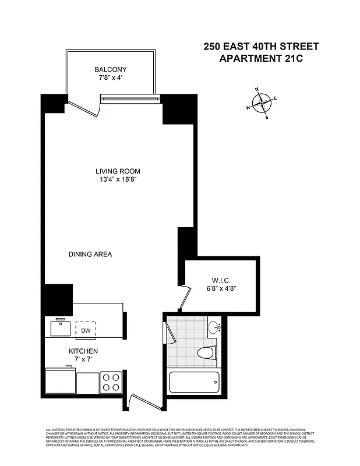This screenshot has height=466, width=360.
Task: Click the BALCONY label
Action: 110,69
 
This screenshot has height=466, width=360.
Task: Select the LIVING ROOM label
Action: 118,171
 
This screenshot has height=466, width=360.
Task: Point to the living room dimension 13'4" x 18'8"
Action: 118,180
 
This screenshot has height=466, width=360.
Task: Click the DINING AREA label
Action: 90,255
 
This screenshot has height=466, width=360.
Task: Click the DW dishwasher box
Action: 86,330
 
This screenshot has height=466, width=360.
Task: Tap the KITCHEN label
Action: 83,351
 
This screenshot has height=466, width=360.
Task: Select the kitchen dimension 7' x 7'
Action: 83,361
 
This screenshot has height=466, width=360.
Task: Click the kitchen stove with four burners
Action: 111,382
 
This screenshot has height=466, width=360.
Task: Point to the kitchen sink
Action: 61,328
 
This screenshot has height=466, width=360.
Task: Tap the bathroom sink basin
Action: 214,327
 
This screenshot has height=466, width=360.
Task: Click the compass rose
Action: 262,104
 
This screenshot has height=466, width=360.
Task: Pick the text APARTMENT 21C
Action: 262,58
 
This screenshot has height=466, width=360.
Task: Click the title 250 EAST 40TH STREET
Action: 262,46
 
